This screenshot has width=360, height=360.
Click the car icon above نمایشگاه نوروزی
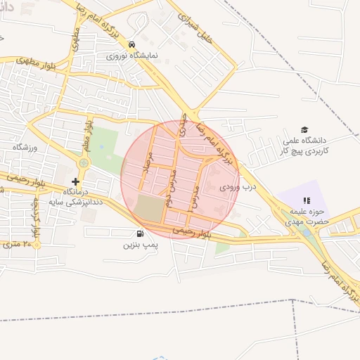[131, 44]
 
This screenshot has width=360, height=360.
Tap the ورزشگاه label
[23, 147]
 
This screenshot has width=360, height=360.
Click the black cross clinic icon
[76, 181]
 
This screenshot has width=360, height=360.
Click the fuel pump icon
[139, 234]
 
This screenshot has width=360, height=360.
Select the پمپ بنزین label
[139, 245]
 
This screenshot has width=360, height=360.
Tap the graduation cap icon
[304, 129]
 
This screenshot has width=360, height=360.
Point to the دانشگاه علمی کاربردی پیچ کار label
[304, 146]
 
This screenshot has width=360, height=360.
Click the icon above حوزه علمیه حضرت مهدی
[306, 200]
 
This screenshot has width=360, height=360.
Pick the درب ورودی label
[236, 187]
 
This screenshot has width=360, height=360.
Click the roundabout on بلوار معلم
[84, 163]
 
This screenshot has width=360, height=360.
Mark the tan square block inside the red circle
[148, 207]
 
